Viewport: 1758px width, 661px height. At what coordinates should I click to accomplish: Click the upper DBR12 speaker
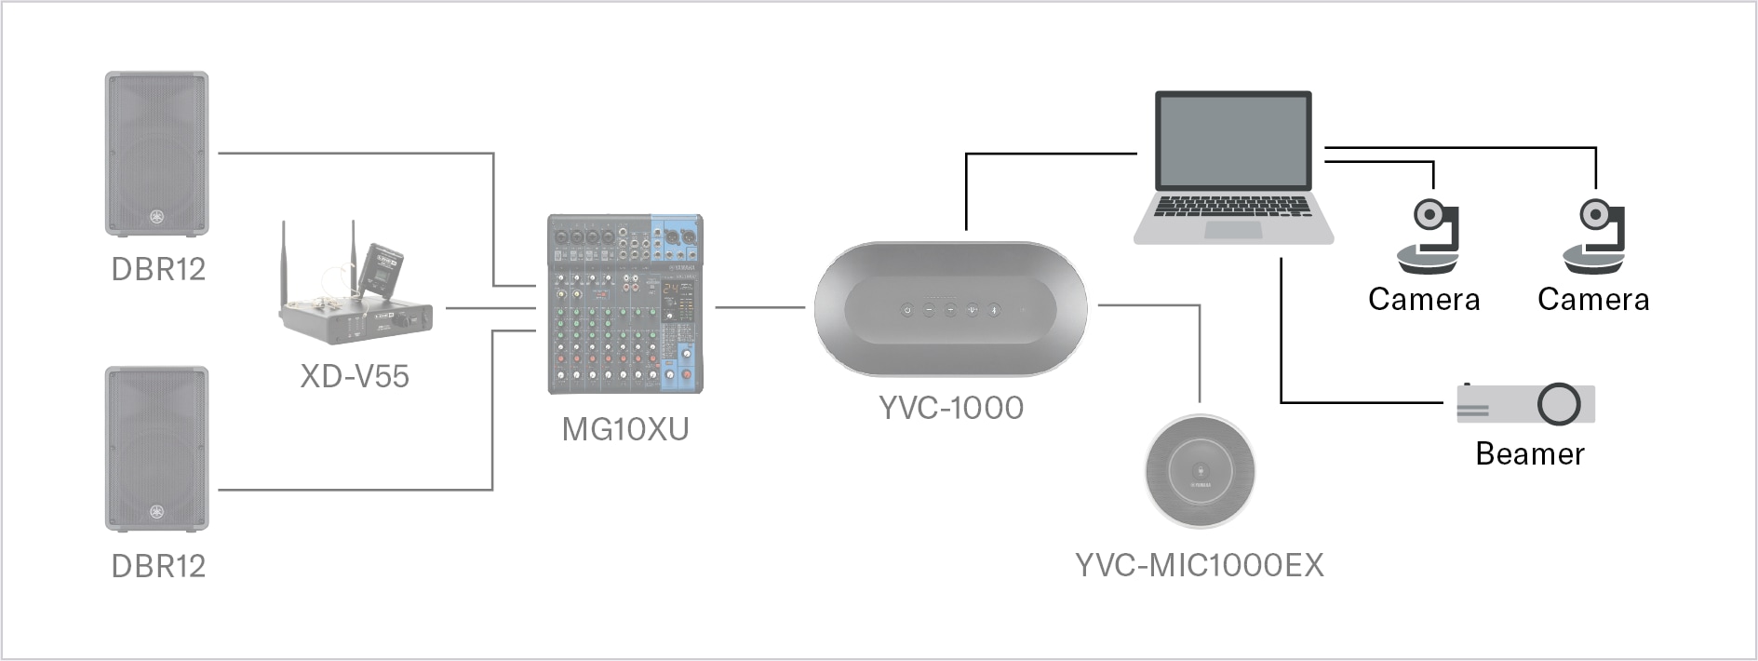point(156,154)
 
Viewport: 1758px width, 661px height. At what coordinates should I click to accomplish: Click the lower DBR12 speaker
point(156,449)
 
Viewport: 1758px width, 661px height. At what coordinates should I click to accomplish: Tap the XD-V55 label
point(355,376)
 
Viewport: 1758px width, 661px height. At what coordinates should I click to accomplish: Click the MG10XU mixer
point(624,304)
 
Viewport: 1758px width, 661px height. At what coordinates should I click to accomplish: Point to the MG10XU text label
point(624,429)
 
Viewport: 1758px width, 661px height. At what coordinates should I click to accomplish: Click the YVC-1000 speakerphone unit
point(950,309)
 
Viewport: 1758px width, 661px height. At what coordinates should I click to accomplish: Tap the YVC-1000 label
point(950,408)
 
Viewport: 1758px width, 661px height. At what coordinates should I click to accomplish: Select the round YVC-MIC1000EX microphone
point(1200,471)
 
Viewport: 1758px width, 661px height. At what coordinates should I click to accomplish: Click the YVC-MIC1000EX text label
point(1199,565)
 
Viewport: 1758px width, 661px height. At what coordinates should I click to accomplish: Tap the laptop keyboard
point(1232,206)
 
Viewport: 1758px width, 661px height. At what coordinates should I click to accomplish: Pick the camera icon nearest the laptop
point(1428,237)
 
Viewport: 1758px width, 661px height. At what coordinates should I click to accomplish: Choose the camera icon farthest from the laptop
point(1595,237)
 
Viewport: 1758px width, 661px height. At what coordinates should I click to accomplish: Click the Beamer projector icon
point(1526,404)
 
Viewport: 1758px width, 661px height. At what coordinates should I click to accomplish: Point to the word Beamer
point(1529,453)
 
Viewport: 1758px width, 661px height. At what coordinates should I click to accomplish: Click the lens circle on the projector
point(1559,404)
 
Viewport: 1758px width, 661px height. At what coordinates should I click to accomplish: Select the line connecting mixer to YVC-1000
point(759,306)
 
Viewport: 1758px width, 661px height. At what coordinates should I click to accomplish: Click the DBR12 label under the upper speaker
point(158,269)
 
